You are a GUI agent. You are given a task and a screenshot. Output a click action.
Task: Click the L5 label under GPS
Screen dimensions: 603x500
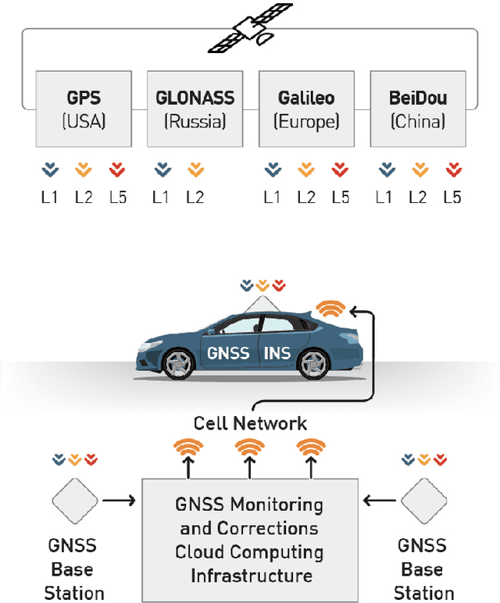coord(117,197)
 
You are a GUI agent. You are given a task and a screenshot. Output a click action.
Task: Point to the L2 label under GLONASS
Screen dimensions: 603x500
coord(195,197)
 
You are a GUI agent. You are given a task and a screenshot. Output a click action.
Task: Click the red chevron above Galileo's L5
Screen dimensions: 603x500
coord(339,169)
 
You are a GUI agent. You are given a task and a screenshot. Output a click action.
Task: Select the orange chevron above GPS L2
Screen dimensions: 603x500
coord(83,169)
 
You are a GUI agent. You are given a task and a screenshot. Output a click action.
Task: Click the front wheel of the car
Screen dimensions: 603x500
coord(179,365)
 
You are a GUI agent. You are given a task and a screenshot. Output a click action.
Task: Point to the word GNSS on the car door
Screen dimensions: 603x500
coord(228,353)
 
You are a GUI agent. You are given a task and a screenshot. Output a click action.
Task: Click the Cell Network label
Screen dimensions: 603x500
coord(250,423)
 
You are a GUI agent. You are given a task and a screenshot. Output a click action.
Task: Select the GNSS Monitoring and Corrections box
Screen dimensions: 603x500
coord(250,539)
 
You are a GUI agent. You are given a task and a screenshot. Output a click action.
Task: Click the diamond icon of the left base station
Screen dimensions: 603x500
coord(75,499)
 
